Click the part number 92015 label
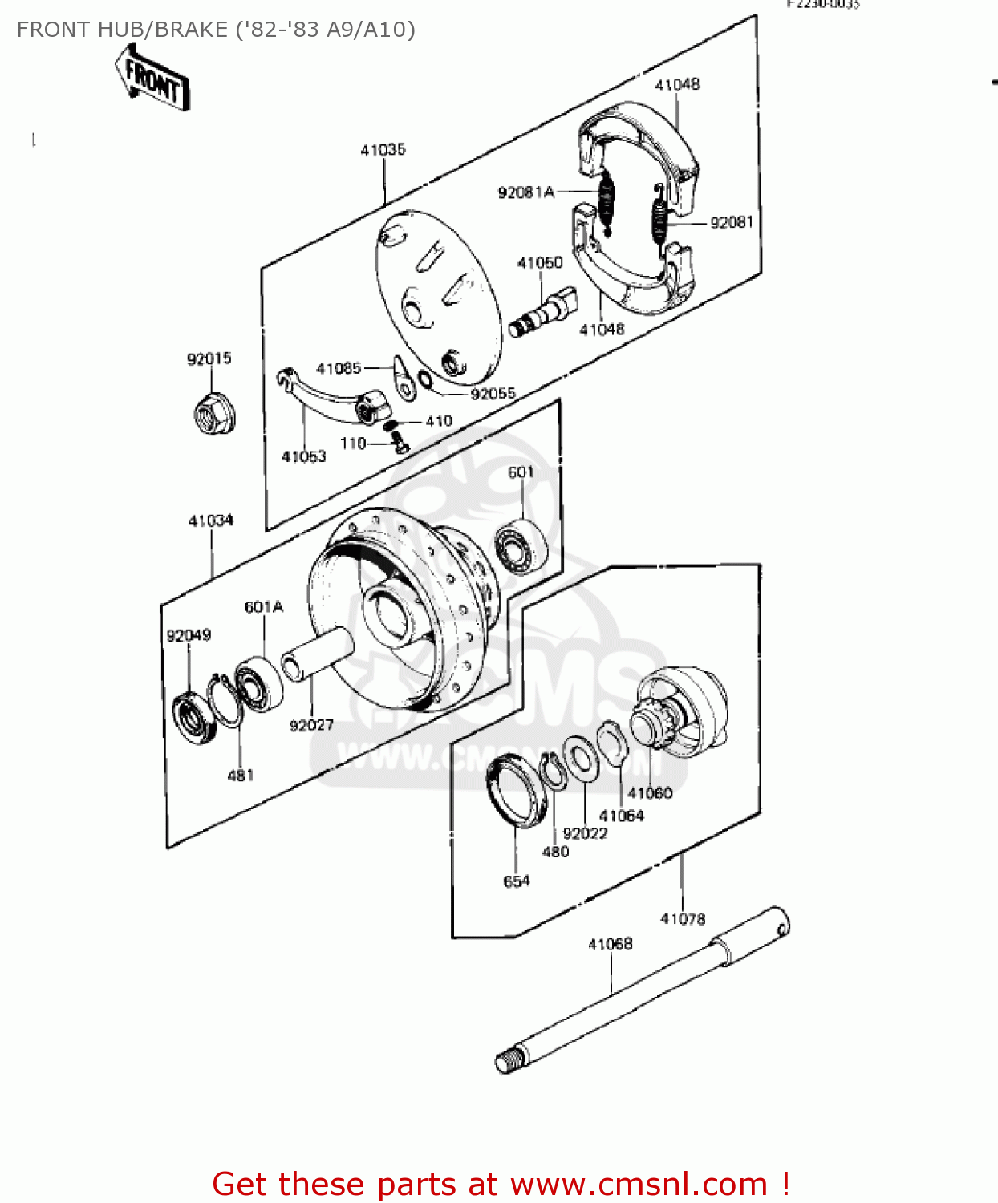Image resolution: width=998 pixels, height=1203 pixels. (x=209, y=358)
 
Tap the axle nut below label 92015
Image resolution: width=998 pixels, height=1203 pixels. (x=213, y=414)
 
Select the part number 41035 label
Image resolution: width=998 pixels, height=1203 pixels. (x=383, y=150)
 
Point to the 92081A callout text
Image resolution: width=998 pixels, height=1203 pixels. (x=525, y=192)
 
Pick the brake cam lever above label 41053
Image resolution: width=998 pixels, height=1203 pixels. (x=329, y=395)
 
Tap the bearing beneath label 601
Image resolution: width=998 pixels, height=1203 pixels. (x=520, y=545)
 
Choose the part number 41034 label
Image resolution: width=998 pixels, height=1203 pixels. (x=210, y=521)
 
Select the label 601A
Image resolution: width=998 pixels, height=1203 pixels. (x=263, y=607)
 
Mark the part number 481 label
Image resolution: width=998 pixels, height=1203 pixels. (x=241, y=776)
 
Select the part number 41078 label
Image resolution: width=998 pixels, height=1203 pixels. (x=683, y=919)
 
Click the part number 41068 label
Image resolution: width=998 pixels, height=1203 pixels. (x=610, y=945)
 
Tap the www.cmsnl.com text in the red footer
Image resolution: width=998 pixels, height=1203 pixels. (x=639, y=1185)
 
